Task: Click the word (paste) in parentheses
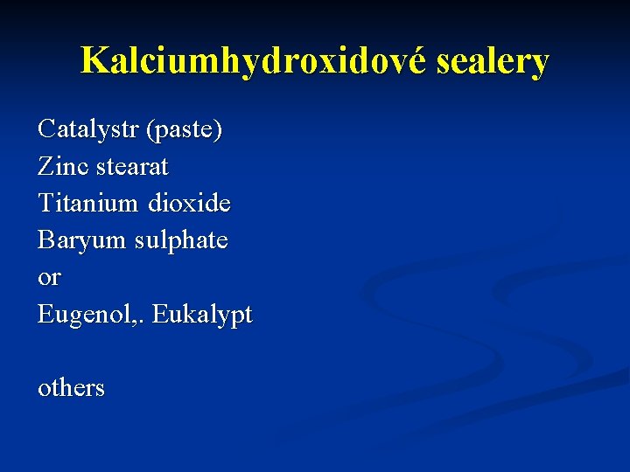point(185,129)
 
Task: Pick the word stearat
point(134,166)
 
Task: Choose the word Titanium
point(87,203)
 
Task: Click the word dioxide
point(190,203)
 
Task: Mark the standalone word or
point(49,278)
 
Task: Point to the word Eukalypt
point(202,315)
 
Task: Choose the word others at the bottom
point(71,387)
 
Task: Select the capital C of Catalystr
point(45,129)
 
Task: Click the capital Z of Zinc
point(45,166)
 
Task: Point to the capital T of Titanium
point(45,203)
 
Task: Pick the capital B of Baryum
point(45,239)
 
